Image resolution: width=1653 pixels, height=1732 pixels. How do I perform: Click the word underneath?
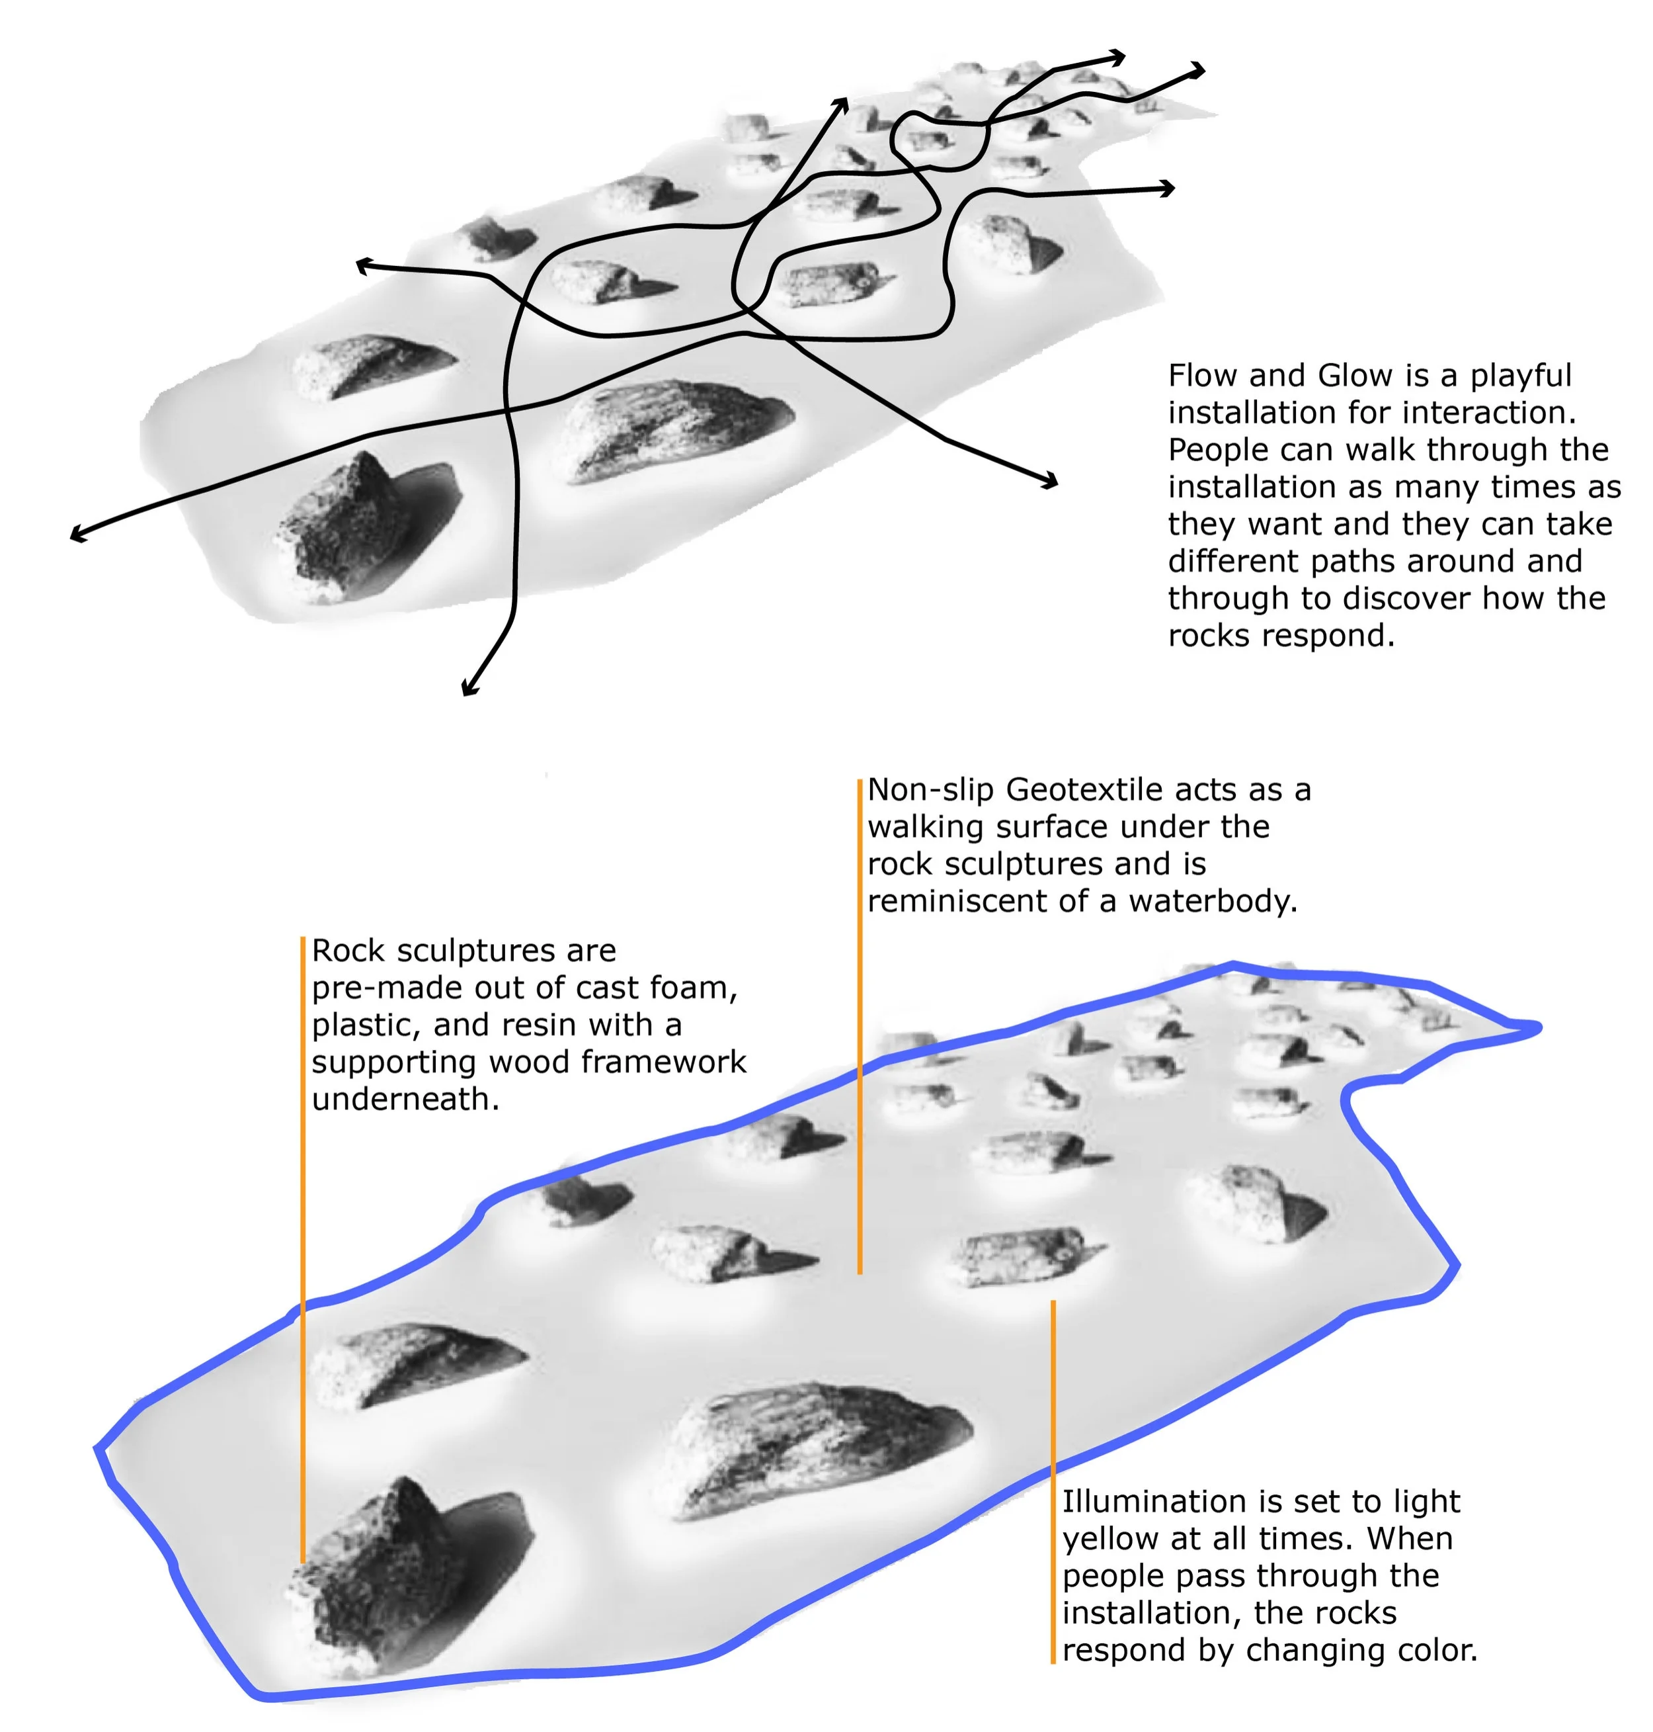point(405,1099)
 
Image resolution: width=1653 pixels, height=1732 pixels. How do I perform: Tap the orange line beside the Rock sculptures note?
point(303,1234)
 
